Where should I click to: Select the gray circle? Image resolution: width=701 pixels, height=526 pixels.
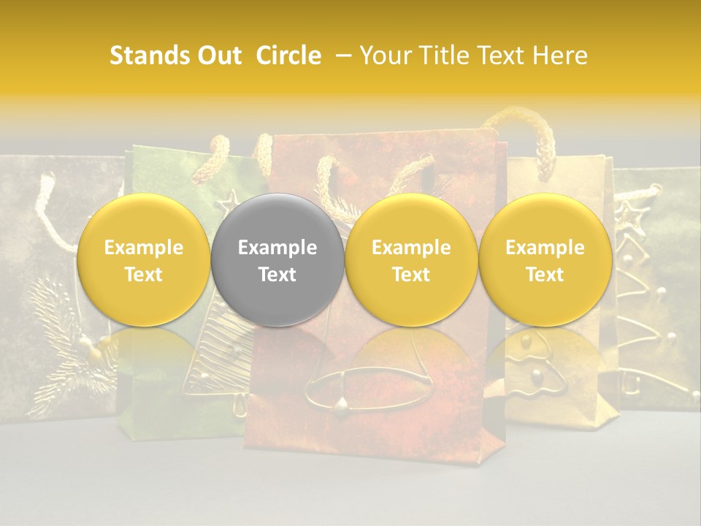277,260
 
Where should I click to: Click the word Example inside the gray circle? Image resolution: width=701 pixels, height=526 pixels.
277,248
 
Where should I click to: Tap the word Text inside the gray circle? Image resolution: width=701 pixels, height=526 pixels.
277,275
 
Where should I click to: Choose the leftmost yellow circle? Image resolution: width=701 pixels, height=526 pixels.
143,260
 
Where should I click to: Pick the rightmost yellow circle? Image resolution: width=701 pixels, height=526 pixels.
545,260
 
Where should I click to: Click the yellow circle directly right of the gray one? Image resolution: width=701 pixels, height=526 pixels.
411,260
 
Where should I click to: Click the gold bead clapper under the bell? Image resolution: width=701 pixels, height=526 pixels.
340,405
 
